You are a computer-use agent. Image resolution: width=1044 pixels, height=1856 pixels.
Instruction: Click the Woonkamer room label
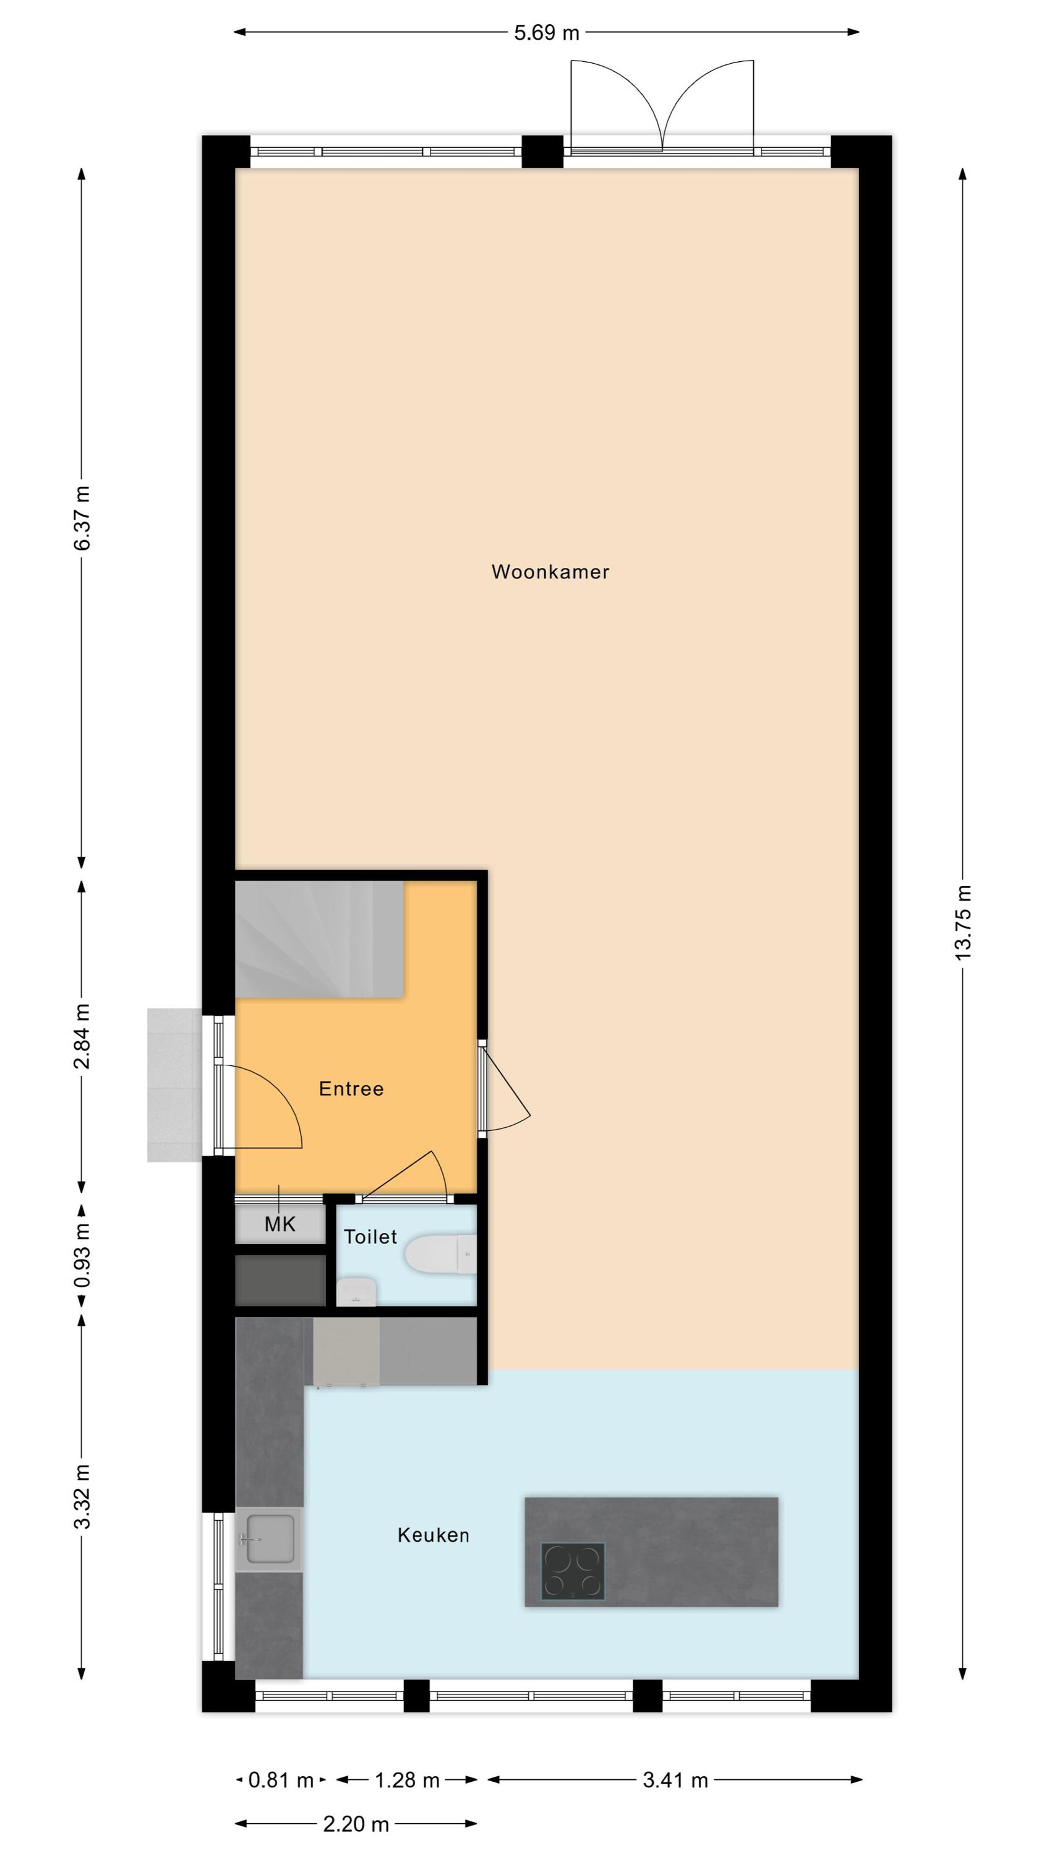coord(550,572)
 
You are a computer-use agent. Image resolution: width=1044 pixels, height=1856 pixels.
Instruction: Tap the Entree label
coord(351,1088)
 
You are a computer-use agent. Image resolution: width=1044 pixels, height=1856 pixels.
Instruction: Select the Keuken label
coord(433,1535)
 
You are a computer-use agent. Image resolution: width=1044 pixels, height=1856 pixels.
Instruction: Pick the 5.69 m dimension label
coord(546,32)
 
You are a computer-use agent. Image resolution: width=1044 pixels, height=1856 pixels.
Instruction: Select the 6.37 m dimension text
coord(82,518)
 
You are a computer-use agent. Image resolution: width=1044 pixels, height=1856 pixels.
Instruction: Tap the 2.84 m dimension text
coord(82,1036)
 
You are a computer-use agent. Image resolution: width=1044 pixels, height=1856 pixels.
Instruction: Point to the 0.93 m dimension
coord(82,1255)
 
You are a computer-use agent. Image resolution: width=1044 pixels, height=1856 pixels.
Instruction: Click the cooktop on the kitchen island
coord(573,1570)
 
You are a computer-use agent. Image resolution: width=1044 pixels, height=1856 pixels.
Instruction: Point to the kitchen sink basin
coord(270,1539)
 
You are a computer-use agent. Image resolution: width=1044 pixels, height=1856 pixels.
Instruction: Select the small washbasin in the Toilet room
coord(356,1292)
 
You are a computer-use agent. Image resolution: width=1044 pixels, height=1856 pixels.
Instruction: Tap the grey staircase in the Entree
coord(319,939)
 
